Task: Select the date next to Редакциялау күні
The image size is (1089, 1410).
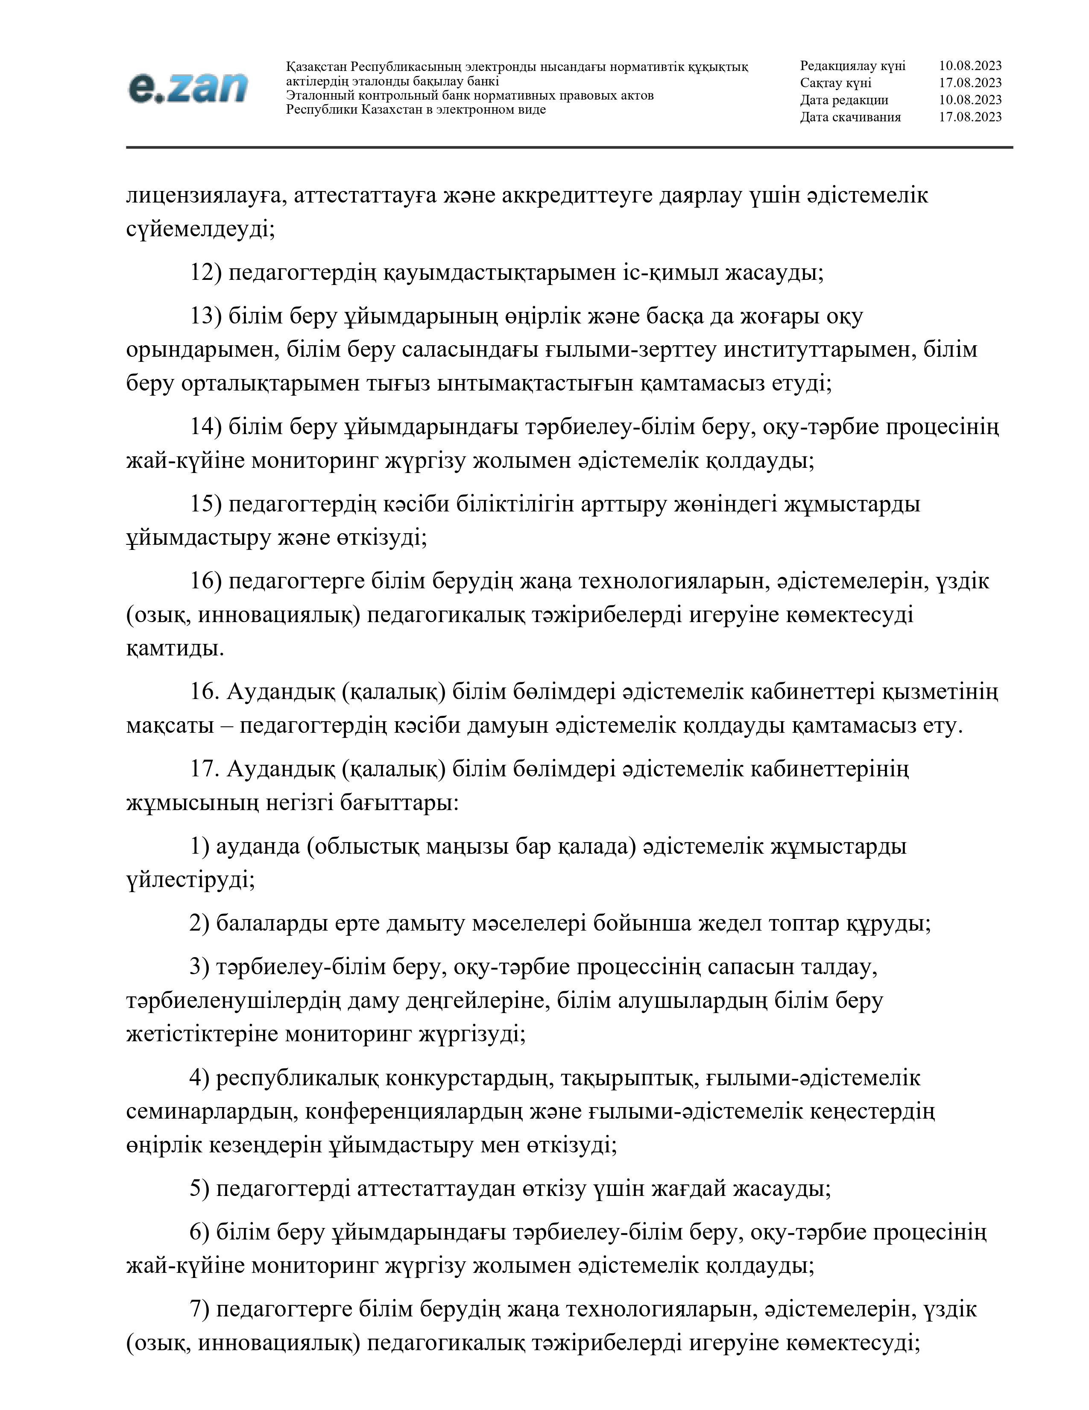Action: pyautogui.click(x=970, y=66)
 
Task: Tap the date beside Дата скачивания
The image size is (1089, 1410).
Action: pyautogui.click(x=970, y=117)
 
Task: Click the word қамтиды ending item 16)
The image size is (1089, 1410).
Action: pyautogui.click(x=176, y=648)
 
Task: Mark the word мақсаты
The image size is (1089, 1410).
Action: pyautogui.click(x=170, y=726)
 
